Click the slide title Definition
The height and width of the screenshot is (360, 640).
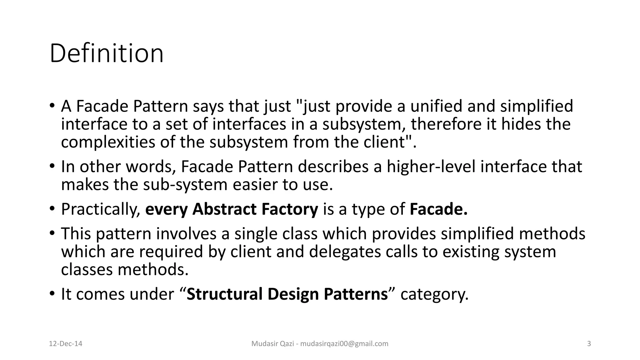tap(106, 54)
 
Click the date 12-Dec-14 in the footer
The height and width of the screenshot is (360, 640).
tap(66, 344)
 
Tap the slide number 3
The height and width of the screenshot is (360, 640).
tap(589, 344)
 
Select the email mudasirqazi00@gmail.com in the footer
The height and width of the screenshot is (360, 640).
tap(344, 344)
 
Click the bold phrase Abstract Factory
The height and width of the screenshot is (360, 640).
tap(255, 209)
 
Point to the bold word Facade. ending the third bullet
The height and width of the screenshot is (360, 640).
tap(438, 209)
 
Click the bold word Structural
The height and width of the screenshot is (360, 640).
tap(224, 294)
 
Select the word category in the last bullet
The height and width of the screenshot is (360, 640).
tap(434, 295)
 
